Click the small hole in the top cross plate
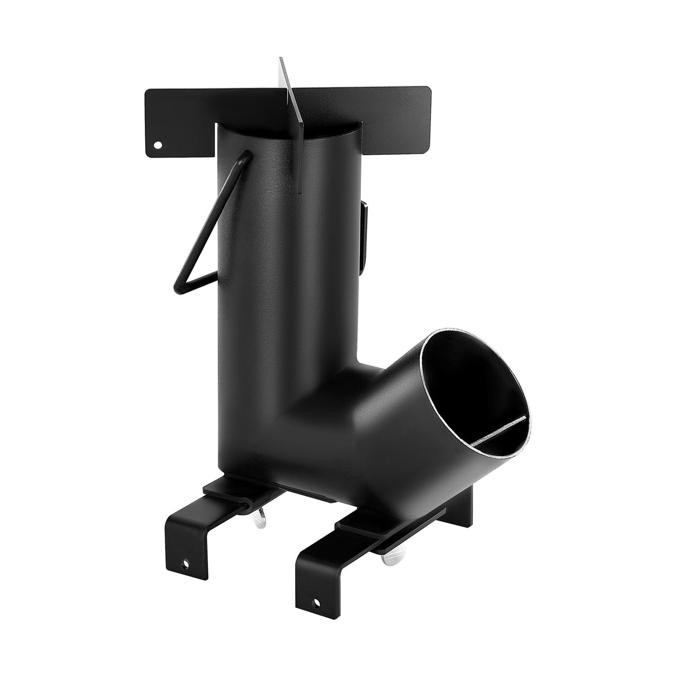(x=158, y=145)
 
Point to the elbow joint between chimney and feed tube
(x=356, y=384)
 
